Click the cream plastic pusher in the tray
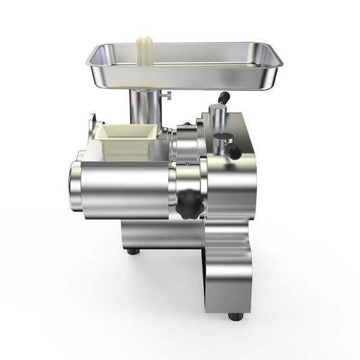pyautogui.click(x=145, y=47)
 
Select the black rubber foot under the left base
pyautogui.click(x=133, y=250)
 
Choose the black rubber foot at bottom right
pyautogui.click(x=235, y=315)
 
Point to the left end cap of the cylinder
pyautogui.click(x=75, y=187)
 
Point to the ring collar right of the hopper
pyautogui.click(x=186, y=144)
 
